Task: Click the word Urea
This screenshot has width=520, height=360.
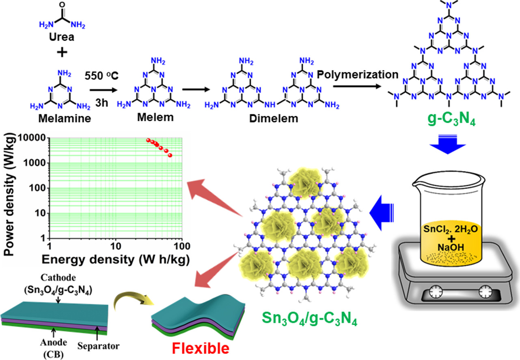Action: [x=62, y=37]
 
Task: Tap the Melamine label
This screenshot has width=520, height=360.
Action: [x=65, y=119]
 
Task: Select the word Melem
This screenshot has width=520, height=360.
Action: [x=155, y=117]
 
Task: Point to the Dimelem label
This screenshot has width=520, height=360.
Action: [x=274, y=119]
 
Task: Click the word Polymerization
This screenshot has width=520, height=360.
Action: [x=358, y=75]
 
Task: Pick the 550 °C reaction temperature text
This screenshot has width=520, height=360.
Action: [x=101, y=76]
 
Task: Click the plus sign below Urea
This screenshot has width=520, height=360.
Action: [x=62, y=52]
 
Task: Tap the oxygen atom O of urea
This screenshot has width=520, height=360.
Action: [x=62, y=4]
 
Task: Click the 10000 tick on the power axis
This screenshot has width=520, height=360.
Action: [x=32, y=138]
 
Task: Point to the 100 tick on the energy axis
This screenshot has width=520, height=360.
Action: [x=182, y=246]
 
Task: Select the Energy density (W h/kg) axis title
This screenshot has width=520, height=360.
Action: [x=116, y=259]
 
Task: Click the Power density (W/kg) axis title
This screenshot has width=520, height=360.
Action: [x=9, y=195]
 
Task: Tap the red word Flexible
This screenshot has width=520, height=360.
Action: [x=201, y=348]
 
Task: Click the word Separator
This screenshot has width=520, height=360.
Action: [x=98, y=346]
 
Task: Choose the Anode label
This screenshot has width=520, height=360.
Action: [x=54, y=343]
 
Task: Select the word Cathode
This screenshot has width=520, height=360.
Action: [x=58, y=278]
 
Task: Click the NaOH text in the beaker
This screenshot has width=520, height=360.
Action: [x=451, y=247]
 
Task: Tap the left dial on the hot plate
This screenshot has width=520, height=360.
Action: [x=436, y=292]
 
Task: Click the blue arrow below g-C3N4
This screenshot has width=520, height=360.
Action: [x=448, y=144]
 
